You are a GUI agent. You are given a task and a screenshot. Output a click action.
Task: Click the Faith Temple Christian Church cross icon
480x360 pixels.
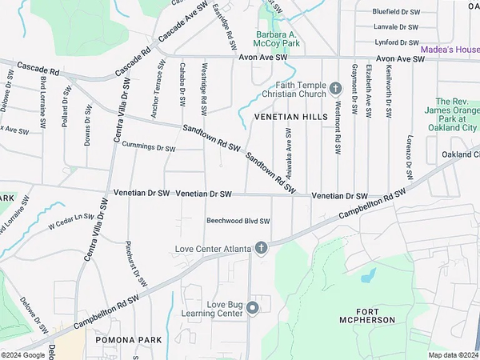click(335, 86)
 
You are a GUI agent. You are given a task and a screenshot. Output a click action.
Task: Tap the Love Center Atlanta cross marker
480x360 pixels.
click(261, 247)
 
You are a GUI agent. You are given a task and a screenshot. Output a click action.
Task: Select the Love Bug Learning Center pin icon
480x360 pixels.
click(252, 307)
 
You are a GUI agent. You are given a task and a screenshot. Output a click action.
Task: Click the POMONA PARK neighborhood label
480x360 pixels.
click(129, 340)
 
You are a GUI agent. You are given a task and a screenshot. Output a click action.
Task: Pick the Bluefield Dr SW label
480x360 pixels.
click(396, 12)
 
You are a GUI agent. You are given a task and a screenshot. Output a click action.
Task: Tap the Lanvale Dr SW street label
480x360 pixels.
click(397, 26)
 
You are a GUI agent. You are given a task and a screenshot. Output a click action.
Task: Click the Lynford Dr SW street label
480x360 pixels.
click(397, 42)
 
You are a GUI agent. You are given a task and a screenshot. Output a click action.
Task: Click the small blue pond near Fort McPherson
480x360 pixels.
click(368, 275)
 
